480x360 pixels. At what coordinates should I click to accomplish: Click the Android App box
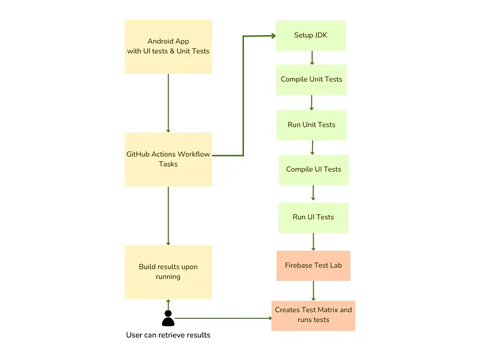[x=168, y=46]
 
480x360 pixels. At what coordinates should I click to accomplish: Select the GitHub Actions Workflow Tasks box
[x=168, y=159]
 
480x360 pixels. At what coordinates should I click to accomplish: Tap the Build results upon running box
[x=168, y=271]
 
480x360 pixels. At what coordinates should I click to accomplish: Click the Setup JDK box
[x=311, y=35]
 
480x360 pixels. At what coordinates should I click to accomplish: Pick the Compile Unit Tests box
[x=311, y=79]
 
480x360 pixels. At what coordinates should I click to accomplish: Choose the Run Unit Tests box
[x=311, y=125]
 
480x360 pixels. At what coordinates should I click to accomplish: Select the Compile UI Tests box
[x=313, y=169]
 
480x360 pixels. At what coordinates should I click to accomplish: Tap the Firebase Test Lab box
[x=313, y=265]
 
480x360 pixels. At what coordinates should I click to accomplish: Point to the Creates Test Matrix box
[x=313, y=315]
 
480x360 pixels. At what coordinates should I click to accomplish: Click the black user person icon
[x=168, y=318]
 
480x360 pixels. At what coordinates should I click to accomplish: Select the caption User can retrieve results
[x=168, y=335]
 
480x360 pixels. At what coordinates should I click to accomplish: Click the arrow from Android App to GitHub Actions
[x=168, y=103]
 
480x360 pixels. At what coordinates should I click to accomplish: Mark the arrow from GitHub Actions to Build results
[x=168, y=215]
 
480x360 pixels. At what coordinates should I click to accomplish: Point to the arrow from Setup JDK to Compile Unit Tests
[x=311, y=58]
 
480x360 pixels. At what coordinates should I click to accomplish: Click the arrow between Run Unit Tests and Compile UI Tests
[x=312, y=147]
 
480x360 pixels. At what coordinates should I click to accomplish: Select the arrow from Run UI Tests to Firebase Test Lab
[x=313, y=241]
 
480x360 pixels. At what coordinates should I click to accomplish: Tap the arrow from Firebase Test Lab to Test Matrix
[x=313, y=290]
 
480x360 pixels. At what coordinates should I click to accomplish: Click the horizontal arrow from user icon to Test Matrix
[x=223, y=318]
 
